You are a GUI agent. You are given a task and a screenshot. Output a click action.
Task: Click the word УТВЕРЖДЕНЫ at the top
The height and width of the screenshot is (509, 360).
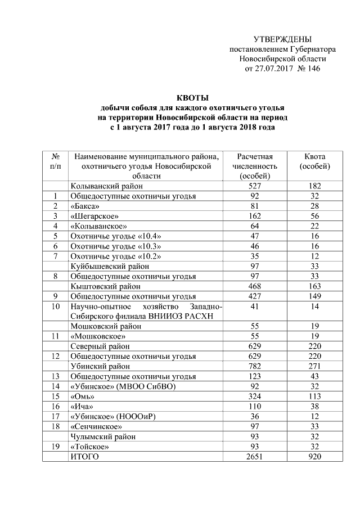(x=282, y=39)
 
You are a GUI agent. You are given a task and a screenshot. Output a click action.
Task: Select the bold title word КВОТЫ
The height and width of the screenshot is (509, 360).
(x=192, y=98)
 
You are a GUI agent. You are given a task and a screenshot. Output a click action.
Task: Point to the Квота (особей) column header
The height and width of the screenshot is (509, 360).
(x=314, y=161)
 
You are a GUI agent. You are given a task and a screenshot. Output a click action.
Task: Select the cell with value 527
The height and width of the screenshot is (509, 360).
(x=255, y=186)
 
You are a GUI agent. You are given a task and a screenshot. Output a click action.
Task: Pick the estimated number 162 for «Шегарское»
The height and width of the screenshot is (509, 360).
(x=255, y=216)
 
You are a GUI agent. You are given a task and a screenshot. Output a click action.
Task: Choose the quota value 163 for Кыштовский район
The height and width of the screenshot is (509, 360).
(x=314, y=286)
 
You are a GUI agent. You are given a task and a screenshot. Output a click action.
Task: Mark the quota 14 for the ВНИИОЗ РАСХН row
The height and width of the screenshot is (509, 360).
(x=314, y=307)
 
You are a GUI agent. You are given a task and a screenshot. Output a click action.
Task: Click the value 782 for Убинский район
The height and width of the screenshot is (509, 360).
(x=255, y=366)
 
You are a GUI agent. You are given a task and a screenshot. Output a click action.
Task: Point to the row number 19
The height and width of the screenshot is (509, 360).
(x=56, y=447)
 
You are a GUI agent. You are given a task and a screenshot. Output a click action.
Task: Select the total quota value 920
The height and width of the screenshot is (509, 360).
(x=314, y=457)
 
